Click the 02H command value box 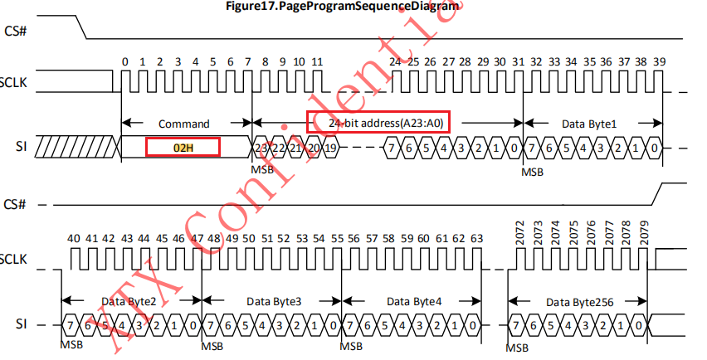183,147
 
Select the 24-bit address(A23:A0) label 378,123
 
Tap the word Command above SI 184,124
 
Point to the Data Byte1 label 590,124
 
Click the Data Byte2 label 130,300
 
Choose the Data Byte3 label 271,300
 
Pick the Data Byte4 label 414,300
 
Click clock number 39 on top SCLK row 659,62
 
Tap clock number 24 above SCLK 394,62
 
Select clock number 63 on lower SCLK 476,239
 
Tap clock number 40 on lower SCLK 73,239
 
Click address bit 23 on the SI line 261,147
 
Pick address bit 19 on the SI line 330,147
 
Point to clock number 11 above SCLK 317,62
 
